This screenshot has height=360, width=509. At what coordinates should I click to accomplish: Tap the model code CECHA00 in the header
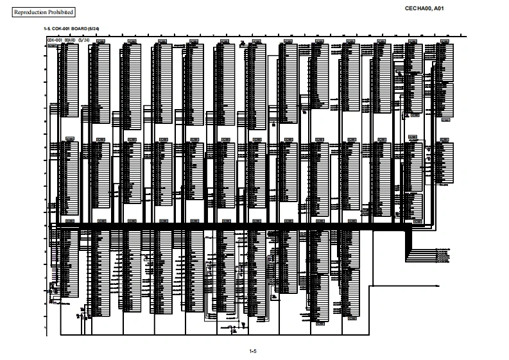pos(418,8)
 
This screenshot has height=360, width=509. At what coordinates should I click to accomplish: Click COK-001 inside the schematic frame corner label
pos(54,40)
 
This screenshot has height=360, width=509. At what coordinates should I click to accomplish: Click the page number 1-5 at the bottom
pos(253,351)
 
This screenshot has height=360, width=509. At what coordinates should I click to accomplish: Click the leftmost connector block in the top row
pos(69,80)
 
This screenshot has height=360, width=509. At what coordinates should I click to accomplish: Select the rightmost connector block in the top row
pos(445,80)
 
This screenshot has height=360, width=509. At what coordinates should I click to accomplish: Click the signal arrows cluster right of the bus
pos(443,255)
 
